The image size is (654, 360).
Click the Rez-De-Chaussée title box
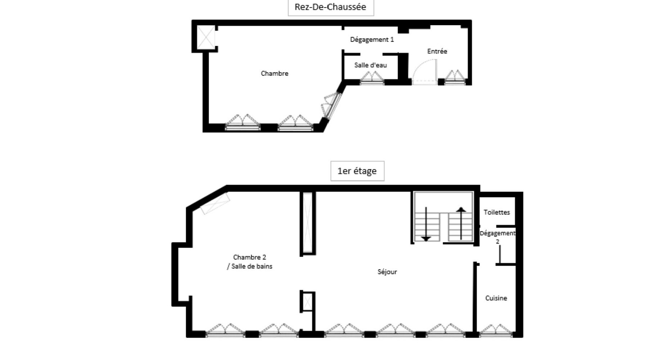tap(331, 7)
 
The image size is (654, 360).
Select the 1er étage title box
tap(357, 171)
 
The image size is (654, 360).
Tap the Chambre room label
tap(274, 73)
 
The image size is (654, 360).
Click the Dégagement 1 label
tap(372, 40)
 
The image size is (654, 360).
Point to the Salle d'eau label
tap(371, 65)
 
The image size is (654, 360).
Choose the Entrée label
tap(437, 51)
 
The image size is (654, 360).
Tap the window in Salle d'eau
tap(372, 78)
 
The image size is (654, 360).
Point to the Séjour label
tap(387, 272)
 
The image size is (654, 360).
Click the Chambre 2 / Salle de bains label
tap(250, 262)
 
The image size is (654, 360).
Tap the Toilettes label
tap(497, 212)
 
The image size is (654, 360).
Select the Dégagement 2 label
tap(498, 237)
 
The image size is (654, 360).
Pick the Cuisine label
tap(496, 298)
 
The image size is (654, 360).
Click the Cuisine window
tap(496, 331)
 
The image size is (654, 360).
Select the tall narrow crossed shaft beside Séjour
tap(308, 223)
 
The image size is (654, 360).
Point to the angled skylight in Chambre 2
tap(215, 203)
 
